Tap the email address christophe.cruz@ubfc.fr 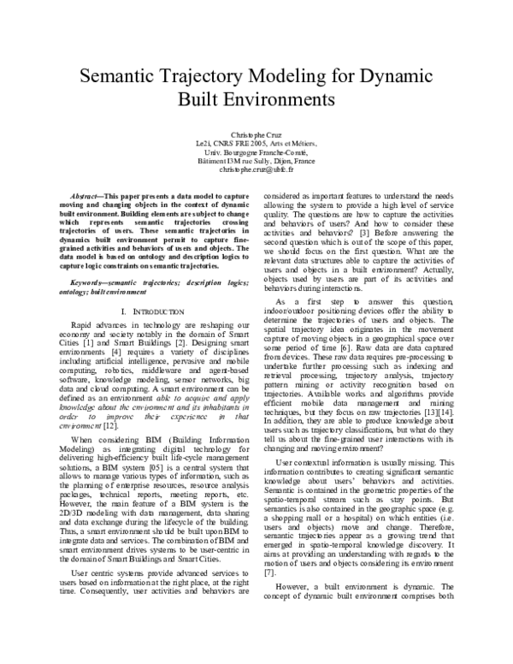[x=256, y=169]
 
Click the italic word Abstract [x=85, y=197]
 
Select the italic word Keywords [x=91, y=281]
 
